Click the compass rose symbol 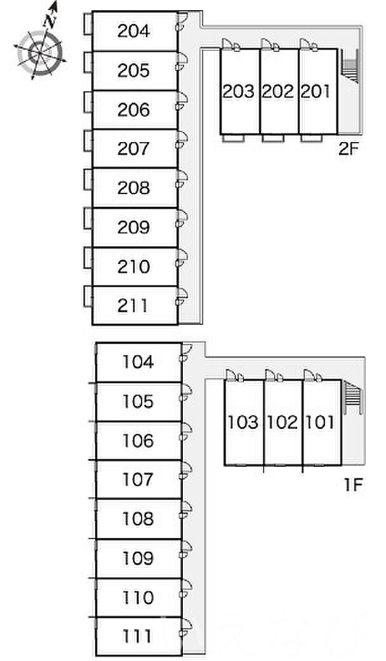(x=40, y=50)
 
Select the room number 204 (x=133, y=30)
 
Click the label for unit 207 (x=133, y=148)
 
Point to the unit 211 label (x=133, y=306)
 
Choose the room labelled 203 (x=239, y=92)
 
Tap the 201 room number (x=316, y=92)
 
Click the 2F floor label (x=349, y=151)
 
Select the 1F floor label (x=352, y=486)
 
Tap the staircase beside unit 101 (x=352, y=398)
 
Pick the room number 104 (x=138, y=362)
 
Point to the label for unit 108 (x=138, y=520)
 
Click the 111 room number (x=138, y=636)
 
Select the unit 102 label (x=283, y=422)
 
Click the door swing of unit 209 (x=182, y=218)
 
